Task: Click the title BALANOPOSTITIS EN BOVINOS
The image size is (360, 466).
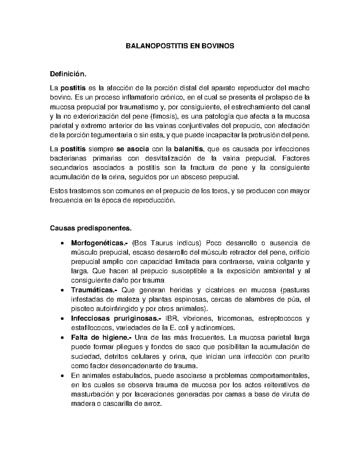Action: point(180,46)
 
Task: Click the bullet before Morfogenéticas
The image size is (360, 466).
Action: point(61,243)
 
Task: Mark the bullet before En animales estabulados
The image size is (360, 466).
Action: point(61,376)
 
